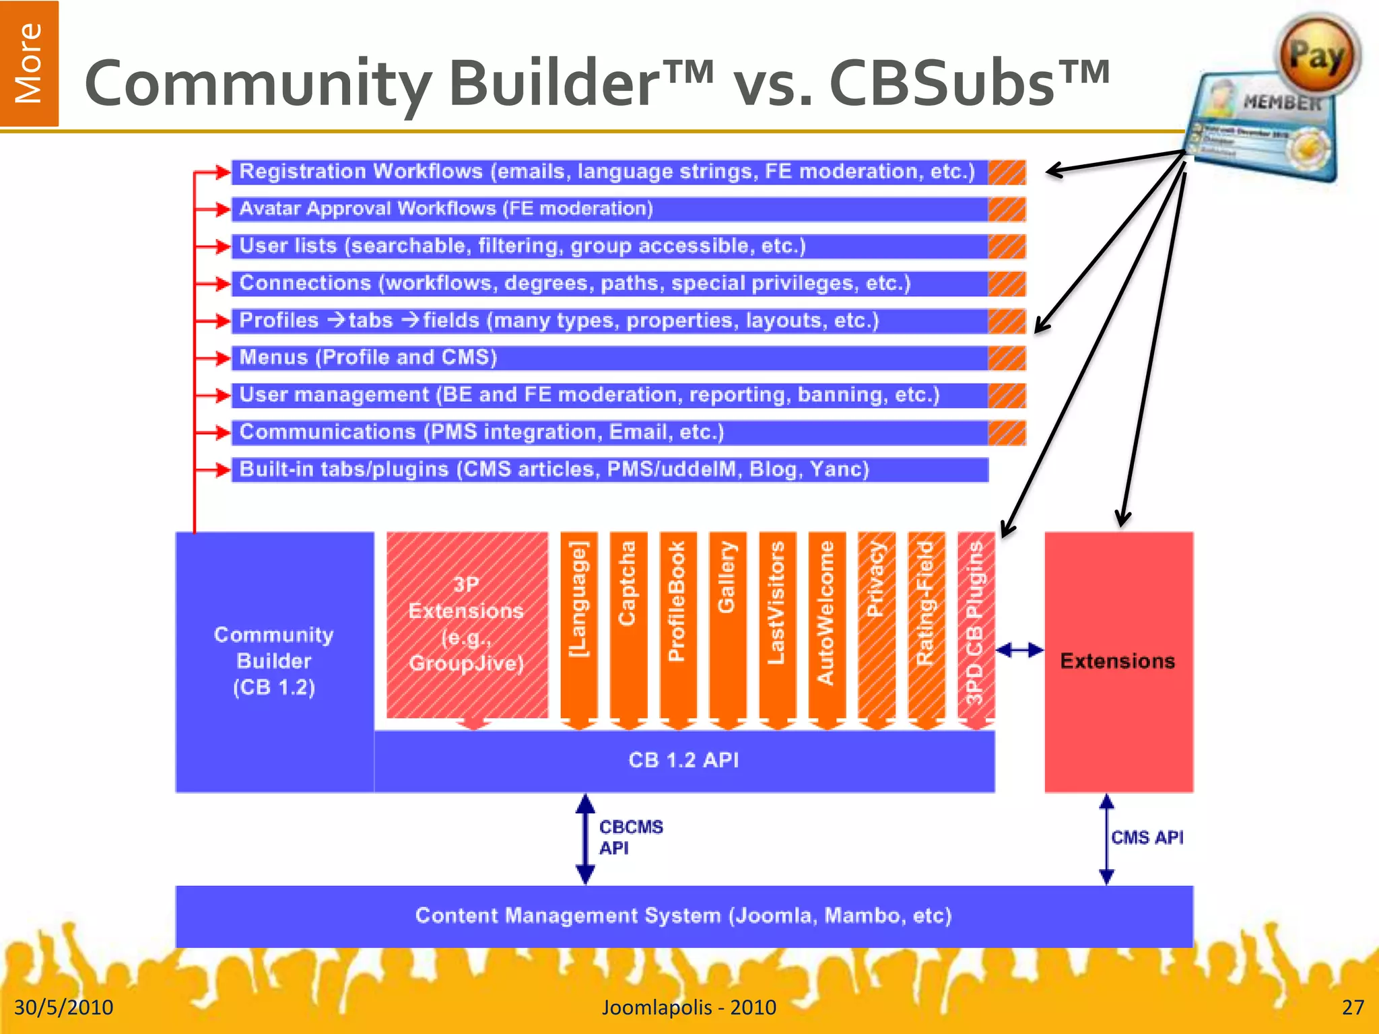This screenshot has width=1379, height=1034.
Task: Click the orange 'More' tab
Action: [x=29, y=63]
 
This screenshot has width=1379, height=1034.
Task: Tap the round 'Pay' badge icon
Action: [x=1317, y=56]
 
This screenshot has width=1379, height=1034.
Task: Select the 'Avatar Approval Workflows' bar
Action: [x=609, y=209]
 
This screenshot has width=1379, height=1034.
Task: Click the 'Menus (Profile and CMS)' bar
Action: [x=609, y=358]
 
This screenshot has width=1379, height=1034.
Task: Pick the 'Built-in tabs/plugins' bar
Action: [x=609, y=470]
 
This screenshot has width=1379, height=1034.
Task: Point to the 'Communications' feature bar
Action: [x=609, y=432]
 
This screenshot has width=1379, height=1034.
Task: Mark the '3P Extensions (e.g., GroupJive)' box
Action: [x=467, y=625]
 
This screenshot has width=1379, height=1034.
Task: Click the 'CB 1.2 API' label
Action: [x=683, y=761]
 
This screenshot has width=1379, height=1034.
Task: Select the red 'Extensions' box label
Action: [x=1118, y=661]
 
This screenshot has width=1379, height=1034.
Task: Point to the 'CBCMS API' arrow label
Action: [x=630, y=837]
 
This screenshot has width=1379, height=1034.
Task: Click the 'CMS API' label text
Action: [x=1147, y=837]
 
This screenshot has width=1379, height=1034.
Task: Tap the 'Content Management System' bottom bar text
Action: [x=683, y=916]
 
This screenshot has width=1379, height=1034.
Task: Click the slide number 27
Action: [x=1352, y=1007]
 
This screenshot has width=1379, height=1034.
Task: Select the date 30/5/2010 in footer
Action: [x=64, y=1007]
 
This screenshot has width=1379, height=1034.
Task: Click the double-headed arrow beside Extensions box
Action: [x=1019, y=650]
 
